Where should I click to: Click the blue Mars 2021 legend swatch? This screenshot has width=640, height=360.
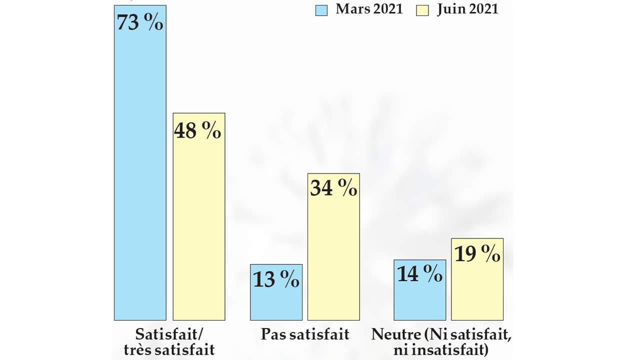click(321, 10)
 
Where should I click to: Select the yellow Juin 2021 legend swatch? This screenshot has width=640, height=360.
click(422, 10)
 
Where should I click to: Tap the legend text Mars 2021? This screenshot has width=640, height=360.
click(369, 9)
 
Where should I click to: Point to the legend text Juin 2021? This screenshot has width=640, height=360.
click(467, 9)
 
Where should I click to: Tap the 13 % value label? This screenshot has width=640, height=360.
click(276, 279)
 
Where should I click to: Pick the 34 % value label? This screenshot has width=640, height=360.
click(333, 188)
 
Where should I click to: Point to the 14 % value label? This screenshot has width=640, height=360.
click(419, 274)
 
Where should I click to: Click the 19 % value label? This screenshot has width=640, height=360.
click(477, 254)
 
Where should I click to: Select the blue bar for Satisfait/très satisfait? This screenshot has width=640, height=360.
click(140, 175)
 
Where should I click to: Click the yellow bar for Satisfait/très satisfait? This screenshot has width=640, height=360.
click(199, 225)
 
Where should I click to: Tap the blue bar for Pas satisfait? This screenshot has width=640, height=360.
click(276, 302)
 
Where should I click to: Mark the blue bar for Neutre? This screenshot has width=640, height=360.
click(419, 300)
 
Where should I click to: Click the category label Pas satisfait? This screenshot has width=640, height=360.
click(305, 334)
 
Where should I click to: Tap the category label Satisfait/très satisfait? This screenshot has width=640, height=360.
click(169, 341)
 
